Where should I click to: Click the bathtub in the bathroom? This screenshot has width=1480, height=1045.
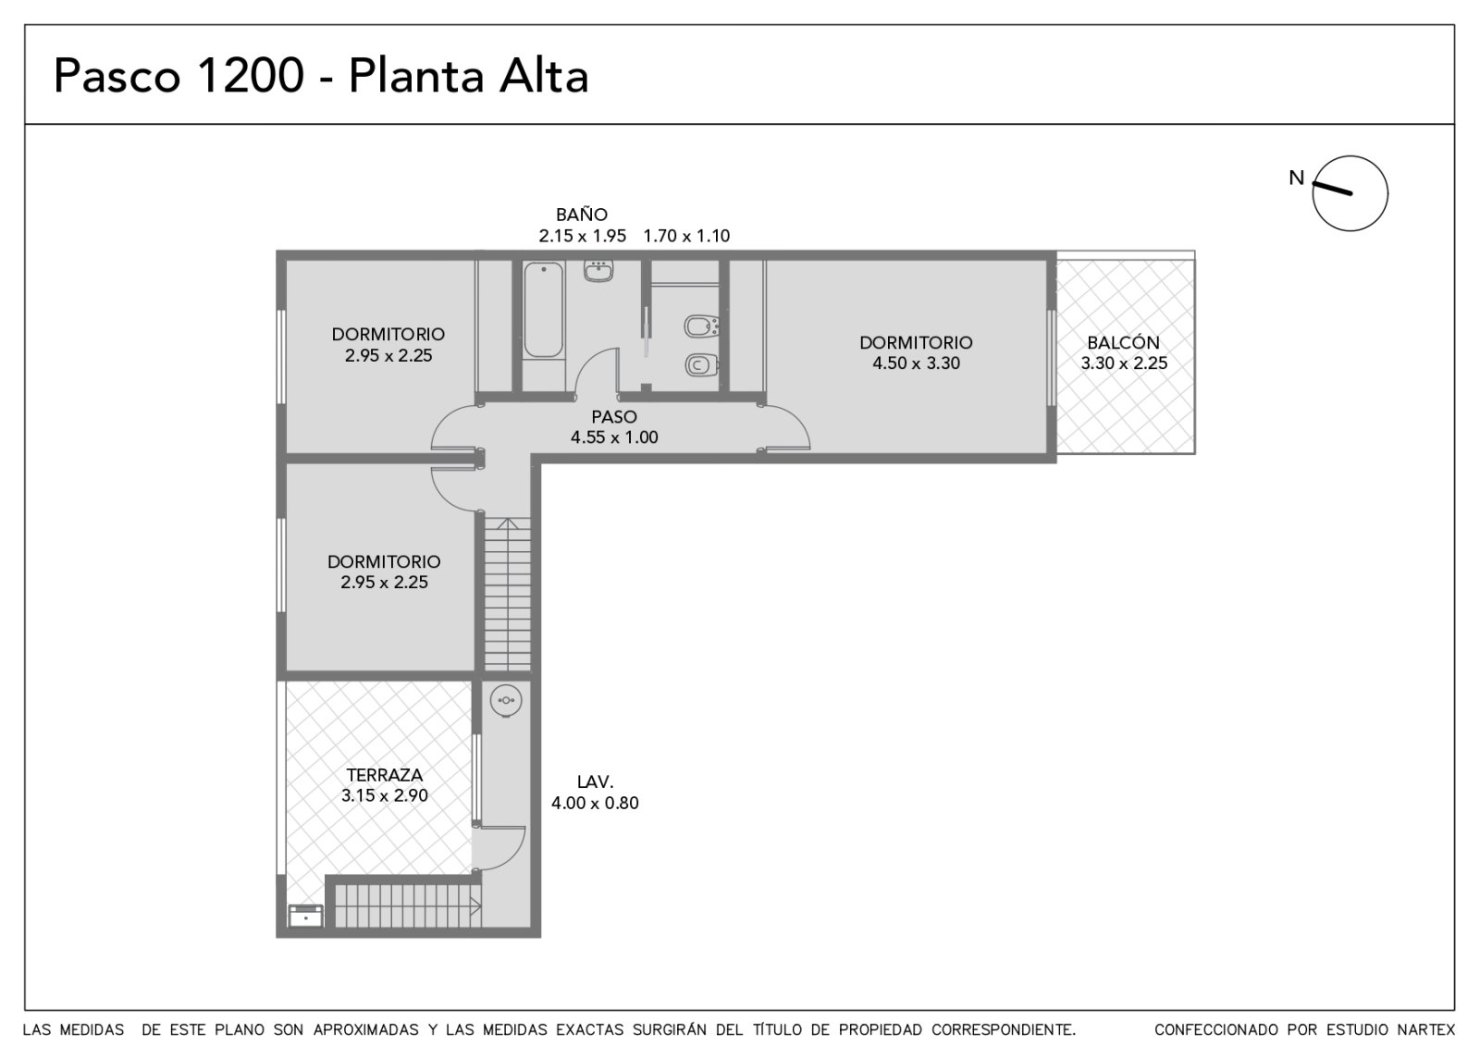coord(543,310)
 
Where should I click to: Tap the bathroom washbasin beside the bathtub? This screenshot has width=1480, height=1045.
coord(598,271)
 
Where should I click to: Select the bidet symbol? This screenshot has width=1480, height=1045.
coord(701,326)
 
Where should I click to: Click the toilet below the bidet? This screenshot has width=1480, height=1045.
coord(701,364)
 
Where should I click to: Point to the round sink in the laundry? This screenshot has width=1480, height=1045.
coord(506,700)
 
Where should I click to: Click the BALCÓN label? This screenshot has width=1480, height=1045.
coord(1123,342)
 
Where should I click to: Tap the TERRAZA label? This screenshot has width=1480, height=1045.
coord(384,774)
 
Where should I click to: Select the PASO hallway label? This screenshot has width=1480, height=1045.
coord(614,417)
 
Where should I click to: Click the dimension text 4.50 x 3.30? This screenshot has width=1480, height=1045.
coord(916,363)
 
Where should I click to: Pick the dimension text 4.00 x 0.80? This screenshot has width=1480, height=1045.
coord(595,803)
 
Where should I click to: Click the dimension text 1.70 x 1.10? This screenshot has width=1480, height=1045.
coord(686,236)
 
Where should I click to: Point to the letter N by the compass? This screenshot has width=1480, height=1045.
coord(1296,178)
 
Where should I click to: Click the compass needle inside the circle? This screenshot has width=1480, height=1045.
coord(1332,189)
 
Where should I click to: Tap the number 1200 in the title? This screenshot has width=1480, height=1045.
coord(251,75)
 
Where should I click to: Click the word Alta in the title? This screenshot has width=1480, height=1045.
coord(543,75)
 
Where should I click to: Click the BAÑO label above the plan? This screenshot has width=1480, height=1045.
coord(582,214)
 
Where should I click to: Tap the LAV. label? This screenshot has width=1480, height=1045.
coord(595,781)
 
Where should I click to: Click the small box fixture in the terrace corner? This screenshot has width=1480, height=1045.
coord(305,916)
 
